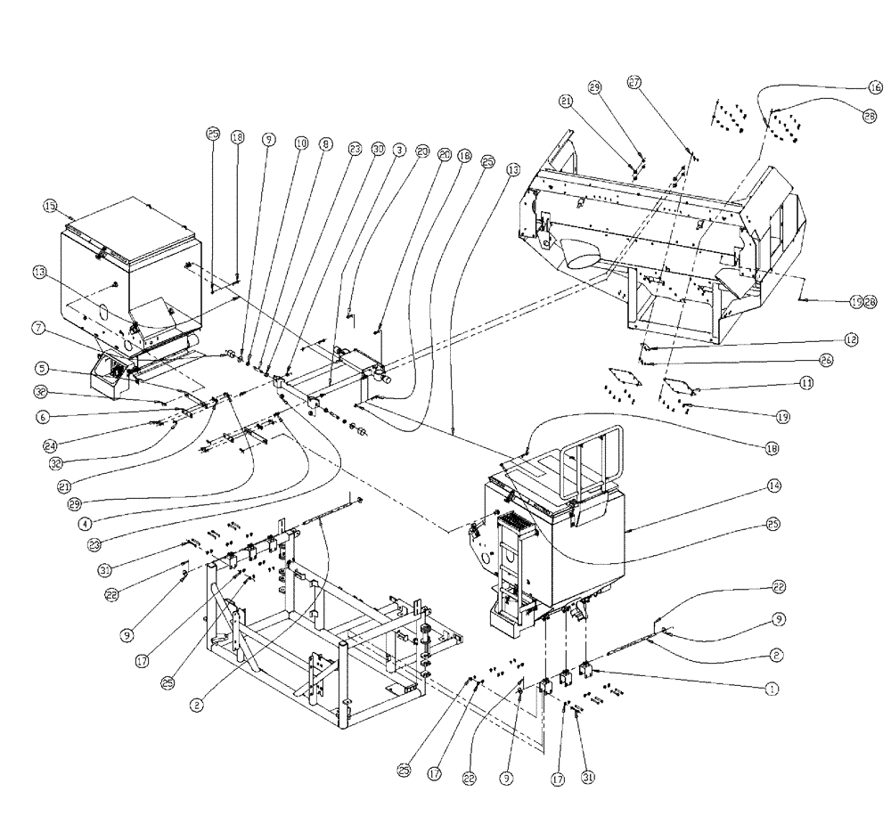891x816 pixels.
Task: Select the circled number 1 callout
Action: (x=772, y=688)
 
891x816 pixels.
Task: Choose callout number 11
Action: (x=781, y=383)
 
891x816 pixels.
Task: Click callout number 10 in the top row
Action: (x=300, y=142)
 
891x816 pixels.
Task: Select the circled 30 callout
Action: (x=378, y=151)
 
